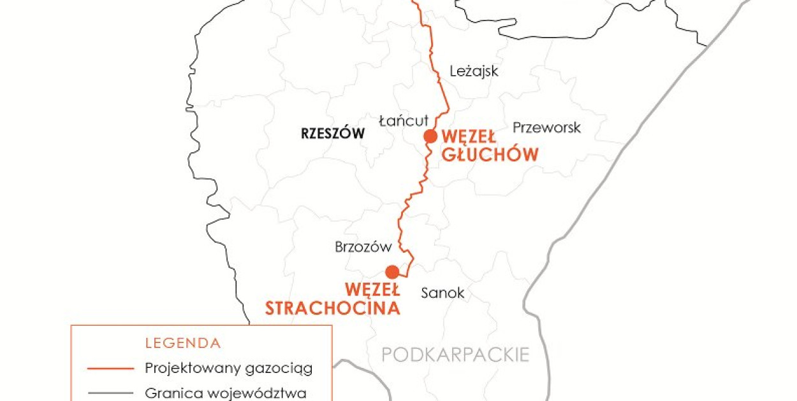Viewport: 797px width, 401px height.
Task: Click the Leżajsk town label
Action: [474, 71]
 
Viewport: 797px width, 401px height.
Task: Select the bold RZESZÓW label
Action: [332, 134]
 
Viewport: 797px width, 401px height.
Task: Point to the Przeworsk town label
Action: [547, 127]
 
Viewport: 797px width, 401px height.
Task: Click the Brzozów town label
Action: [362, 247]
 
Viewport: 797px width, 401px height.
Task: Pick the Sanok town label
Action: [442, 293]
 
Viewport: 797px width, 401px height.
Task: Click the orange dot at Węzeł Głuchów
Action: [431, 136]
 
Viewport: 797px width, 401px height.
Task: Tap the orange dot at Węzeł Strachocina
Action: [392, 272]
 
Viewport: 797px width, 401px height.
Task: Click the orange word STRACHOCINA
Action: [333, 308]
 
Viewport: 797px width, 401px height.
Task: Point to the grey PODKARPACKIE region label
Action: [455, 355]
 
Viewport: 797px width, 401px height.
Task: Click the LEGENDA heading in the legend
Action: [183, 344]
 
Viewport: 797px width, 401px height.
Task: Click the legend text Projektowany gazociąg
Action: [229, 368]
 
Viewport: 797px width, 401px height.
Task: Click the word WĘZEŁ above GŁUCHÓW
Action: [469, 136]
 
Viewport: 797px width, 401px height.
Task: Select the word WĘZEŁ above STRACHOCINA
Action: [372, 290]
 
